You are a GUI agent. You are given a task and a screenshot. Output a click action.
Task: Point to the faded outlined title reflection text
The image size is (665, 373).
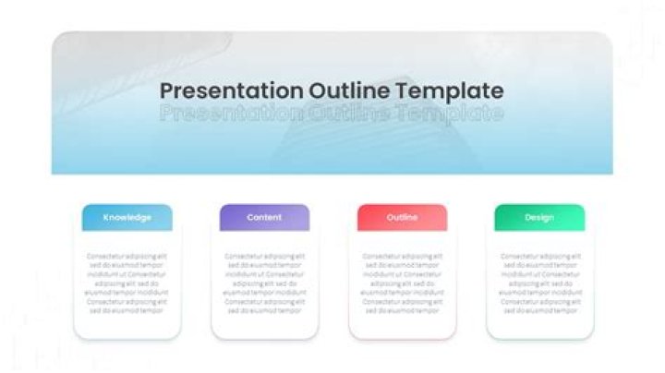[x=332, y=114]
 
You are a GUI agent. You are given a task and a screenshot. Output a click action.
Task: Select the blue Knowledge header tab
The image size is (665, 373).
[x=127, y=218]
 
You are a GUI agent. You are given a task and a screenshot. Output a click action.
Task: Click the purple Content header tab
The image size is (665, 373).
[x=264, y=218]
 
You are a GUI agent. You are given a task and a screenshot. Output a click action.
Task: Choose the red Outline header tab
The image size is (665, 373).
[x=402, y=218]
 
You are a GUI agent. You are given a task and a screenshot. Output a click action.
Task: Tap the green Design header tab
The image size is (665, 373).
[x=539, y=218]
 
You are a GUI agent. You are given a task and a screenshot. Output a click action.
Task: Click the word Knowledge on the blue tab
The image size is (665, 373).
[x=127, y=218]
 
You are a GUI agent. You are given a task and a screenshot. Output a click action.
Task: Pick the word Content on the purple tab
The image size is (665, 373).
[x=264, y=218]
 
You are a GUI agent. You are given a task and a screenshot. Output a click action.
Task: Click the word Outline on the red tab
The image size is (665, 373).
[x=402, y=218]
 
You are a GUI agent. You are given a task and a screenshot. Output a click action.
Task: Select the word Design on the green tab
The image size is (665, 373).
[x=539, y=218]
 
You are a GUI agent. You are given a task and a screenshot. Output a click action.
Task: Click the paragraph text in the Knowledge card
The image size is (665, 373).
[x=127, y=283]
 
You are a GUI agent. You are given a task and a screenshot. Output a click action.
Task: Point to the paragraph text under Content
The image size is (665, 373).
[x=264, y=283]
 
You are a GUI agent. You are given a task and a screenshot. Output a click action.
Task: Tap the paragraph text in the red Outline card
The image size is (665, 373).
[x=402, y=283]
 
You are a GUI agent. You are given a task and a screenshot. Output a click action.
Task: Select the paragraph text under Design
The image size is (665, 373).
[x=539, y=283]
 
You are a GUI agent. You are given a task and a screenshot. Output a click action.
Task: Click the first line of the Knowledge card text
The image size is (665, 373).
[x=127, y=256]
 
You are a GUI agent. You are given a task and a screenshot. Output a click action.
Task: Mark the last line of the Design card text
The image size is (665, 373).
[x=539, y=311]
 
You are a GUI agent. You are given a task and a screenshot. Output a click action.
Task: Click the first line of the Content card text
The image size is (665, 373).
[x=264, y=256]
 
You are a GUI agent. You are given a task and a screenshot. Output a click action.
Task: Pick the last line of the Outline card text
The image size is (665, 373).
[x=402, y=311]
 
